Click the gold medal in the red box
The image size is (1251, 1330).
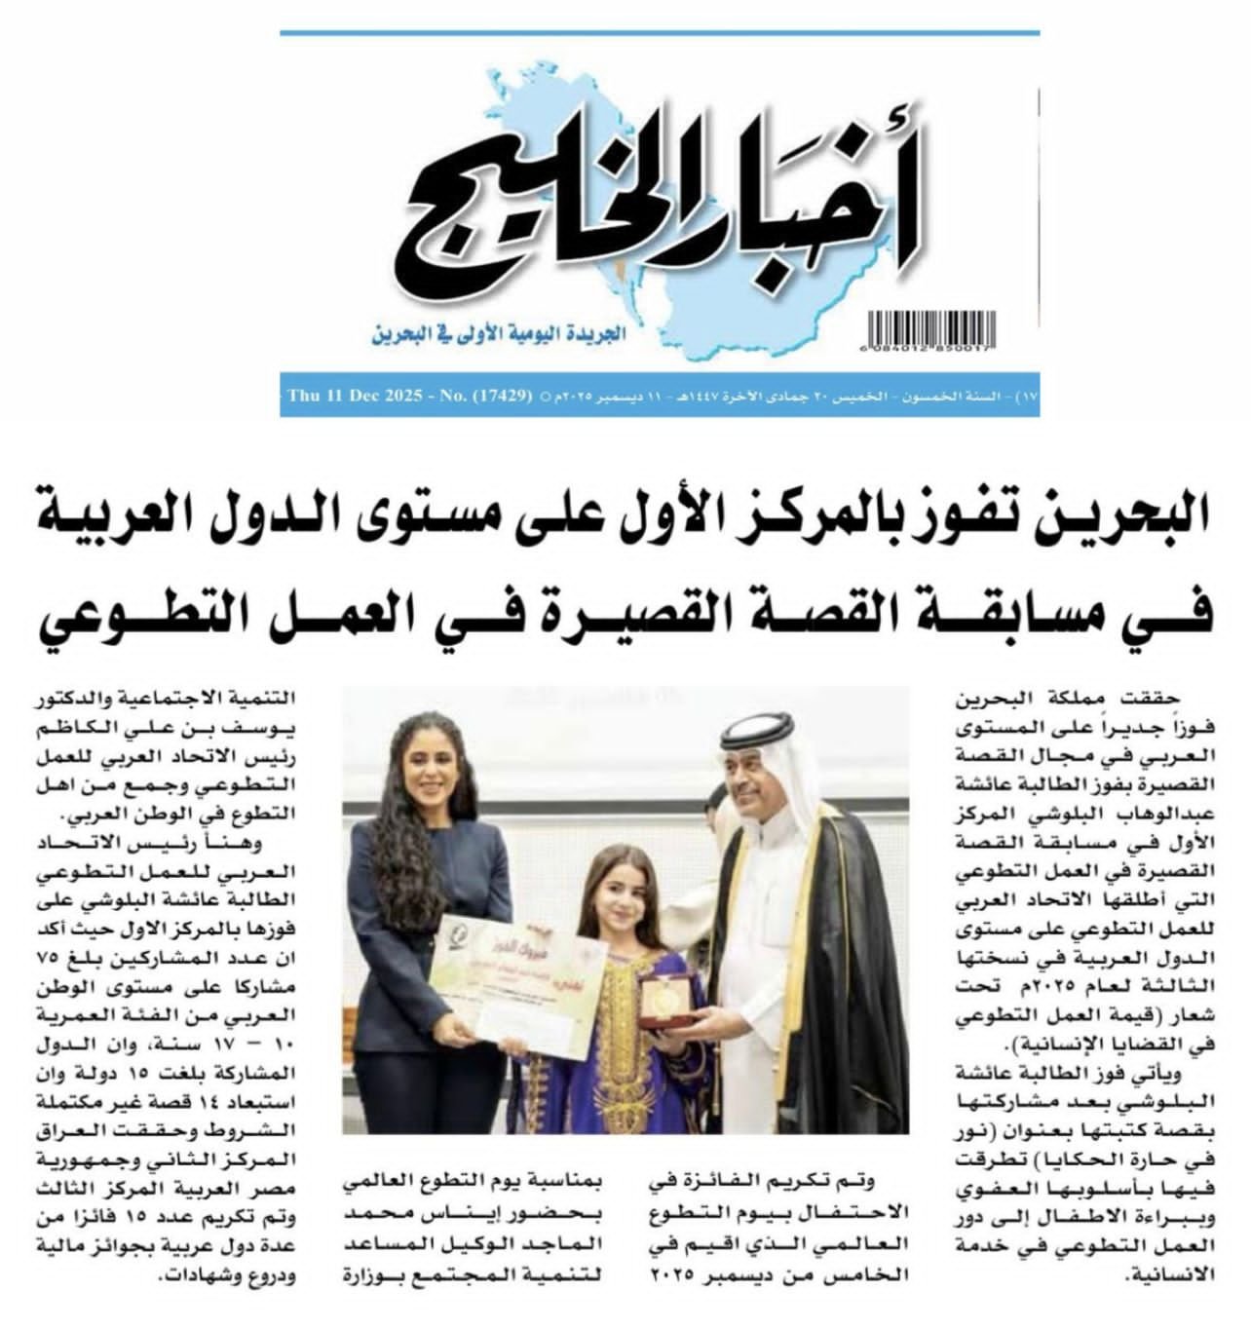pos(664,994)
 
